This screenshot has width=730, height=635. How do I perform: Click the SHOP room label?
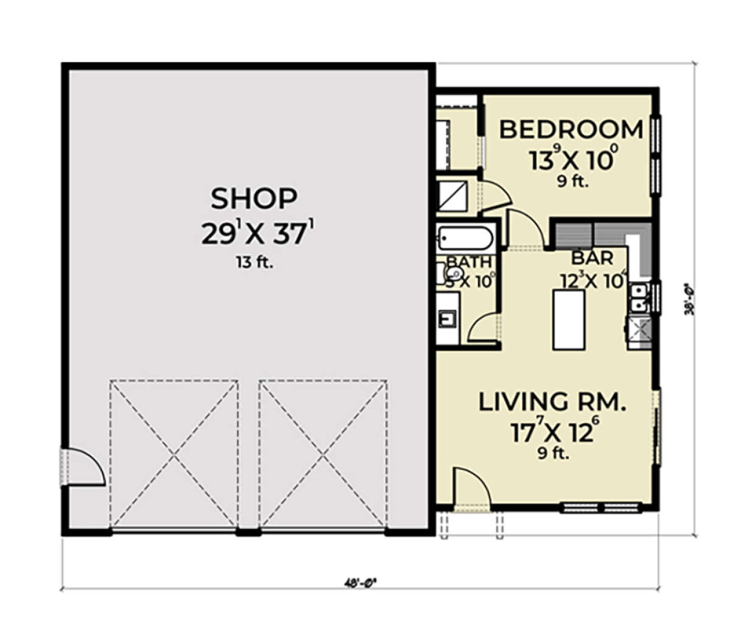click(254, 198)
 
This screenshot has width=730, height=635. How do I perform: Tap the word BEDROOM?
click(571, 130)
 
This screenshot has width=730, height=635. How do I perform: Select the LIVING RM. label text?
click(552, 402)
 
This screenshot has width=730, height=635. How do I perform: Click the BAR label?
click(592, 258)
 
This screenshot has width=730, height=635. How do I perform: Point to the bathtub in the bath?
click(465, 238)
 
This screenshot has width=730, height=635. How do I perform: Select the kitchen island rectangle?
click(568, 319)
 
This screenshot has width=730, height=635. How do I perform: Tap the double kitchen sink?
click(638, 296)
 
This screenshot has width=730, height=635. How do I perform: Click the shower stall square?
click(452, 195)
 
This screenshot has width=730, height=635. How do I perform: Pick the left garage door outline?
click(174, 454)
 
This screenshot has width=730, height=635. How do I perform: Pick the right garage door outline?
click(323, 454)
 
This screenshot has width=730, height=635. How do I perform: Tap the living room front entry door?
click(471, 487)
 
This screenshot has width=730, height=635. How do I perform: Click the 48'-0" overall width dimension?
click(360, 582)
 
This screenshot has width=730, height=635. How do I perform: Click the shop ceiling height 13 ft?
click(254, 263)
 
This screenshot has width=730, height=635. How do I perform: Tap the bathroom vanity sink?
click(448, 318)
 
